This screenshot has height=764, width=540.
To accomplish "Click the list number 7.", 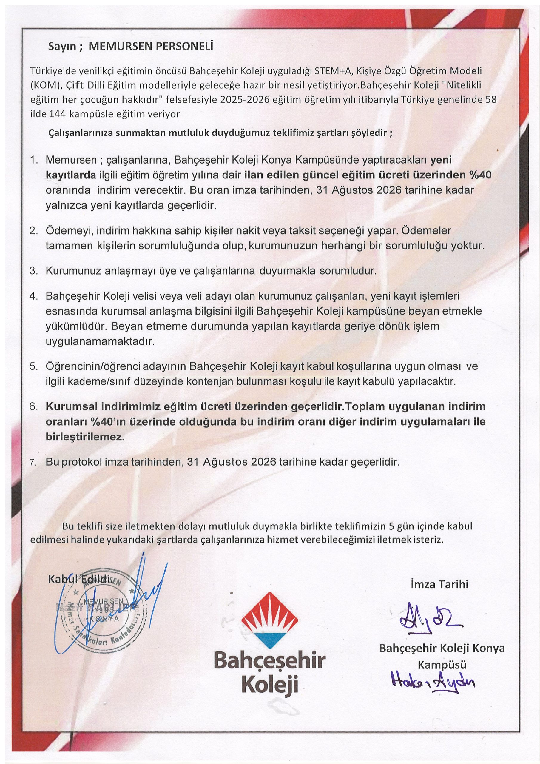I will click(x=33, y=462).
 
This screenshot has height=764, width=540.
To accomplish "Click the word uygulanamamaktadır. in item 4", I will click(x=100, y=341).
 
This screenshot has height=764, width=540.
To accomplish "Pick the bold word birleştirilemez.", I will click(x=85, y=437).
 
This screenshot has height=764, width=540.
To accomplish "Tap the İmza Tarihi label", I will click(x=439, y=584).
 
